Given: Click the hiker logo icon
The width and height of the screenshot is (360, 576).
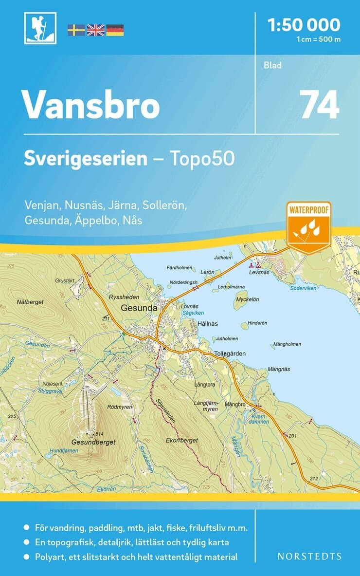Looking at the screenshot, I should pyautogui.click(x=40, y=28).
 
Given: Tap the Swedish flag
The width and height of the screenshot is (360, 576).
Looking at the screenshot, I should pyautogui.click(x=76, y=30).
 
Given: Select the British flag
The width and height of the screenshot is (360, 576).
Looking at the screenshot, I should pyautogui.click(x=95, y=30).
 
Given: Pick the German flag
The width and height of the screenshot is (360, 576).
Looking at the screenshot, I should pyautogui.click(x=115, y=30).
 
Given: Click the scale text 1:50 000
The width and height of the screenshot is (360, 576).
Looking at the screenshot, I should pyautogui.click(x=305, y=24).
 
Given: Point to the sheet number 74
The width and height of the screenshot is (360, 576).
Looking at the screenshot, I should pyautogui.click(x=319, y=105).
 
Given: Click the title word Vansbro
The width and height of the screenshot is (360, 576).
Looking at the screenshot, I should pyautogui.click(x=91, y=105).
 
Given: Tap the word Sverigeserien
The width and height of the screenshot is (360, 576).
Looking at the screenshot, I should pyautogui.click(x=86, y=159).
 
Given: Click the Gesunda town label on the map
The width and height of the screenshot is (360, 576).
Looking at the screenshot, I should pyautogui.click(x=139, y=308).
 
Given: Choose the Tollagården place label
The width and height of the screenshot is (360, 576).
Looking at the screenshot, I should pyautogui.click(x=230, y=353).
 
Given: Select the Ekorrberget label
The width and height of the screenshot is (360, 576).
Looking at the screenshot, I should pyautogui.click(x=181, y=440).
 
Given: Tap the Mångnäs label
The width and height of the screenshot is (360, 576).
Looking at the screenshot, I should pyautogui.click(x=279, y=369).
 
